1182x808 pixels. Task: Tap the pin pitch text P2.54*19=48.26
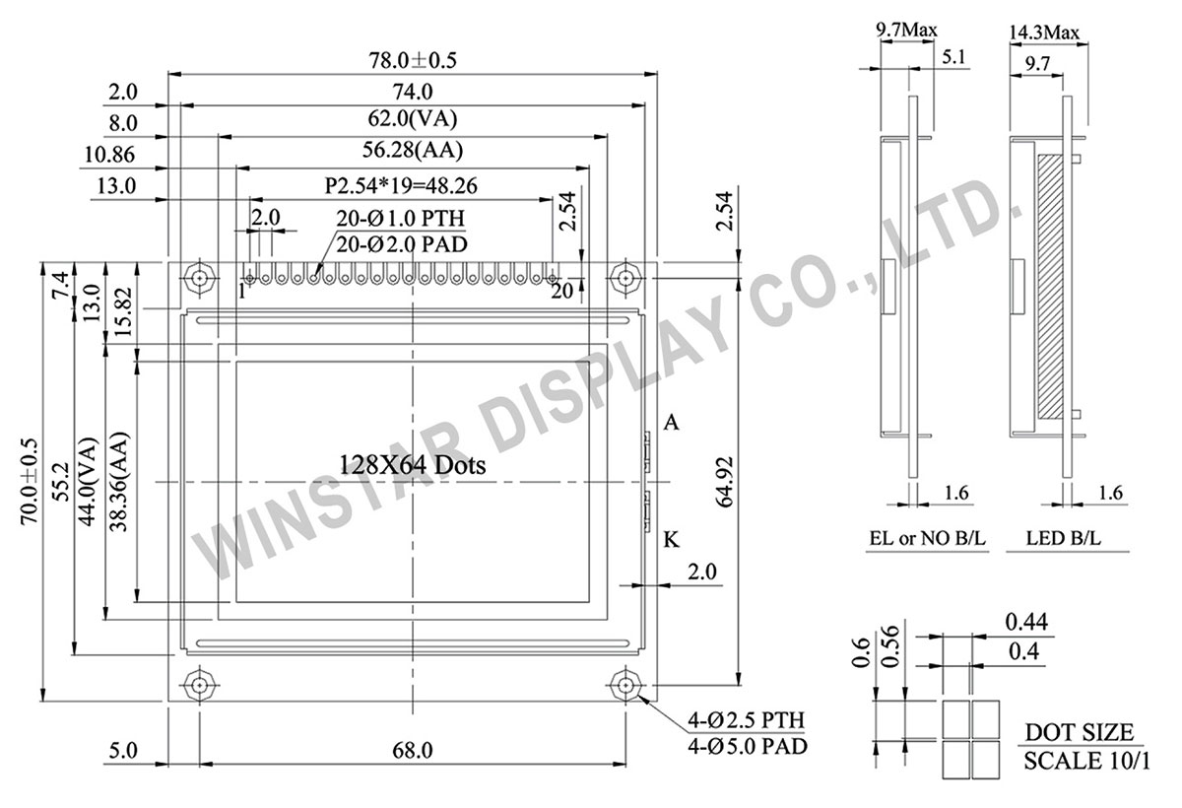click(x=403, y=184)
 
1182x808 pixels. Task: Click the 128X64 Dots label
click(x=412, y=465)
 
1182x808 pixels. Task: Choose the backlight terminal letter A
click(x=672, y=423)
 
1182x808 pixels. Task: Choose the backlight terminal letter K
click(x=672, y=539)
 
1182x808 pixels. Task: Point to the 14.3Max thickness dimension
click(x=1044, y=34)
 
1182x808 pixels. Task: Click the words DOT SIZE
click(x=1079, y=733)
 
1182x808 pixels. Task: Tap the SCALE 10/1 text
click(x=1085, y=762)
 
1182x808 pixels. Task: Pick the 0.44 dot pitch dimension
click(x=1024, y=621)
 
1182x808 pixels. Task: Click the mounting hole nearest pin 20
click(x=624, y=278)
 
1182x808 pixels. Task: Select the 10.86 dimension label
click(x=110, y=154)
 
